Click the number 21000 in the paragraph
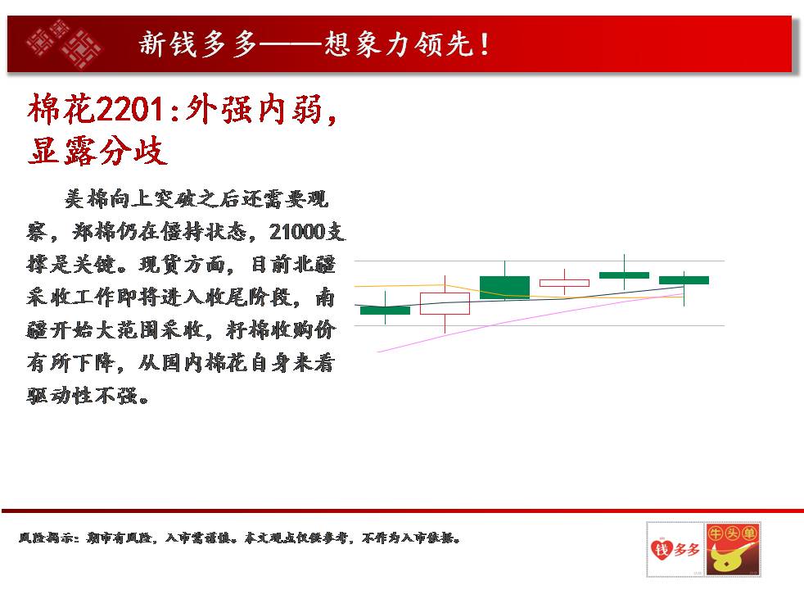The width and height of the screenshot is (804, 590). tap(297, 232)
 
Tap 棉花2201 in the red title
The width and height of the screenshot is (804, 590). tap(96, 109)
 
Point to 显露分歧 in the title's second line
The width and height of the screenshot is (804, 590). tap(97, 150)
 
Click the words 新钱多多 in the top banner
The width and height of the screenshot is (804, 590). tap(197, 43)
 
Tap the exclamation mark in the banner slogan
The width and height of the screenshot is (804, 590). tap(485, 43)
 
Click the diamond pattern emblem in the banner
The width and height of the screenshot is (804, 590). tap(64, 43)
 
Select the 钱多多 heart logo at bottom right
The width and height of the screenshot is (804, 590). tap(675, 550)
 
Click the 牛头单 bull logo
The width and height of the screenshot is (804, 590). tap(732, 550)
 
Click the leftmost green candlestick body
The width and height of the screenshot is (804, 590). tap(385, 310)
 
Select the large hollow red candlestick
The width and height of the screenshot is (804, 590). tap(445, 303)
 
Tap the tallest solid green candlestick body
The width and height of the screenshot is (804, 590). tap(504, 288)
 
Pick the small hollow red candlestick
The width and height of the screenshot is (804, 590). tap(564, 283)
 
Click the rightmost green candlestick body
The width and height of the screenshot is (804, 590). tap(684, 280)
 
